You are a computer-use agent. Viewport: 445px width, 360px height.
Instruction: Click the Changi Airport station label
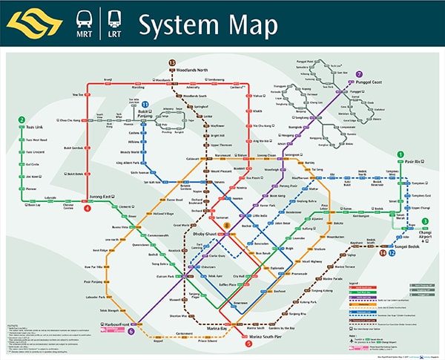tap(424, 235)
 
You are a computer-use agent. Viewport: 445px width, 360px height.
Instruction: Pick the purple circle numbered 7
tap(338, 74)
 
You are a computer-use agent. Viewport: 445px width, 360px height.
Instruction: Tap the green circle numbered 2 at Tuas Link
tap(22, 120)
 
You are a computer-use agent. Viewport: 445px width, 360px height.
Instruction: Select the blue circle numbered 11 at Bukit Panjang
tap(145, 105)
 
